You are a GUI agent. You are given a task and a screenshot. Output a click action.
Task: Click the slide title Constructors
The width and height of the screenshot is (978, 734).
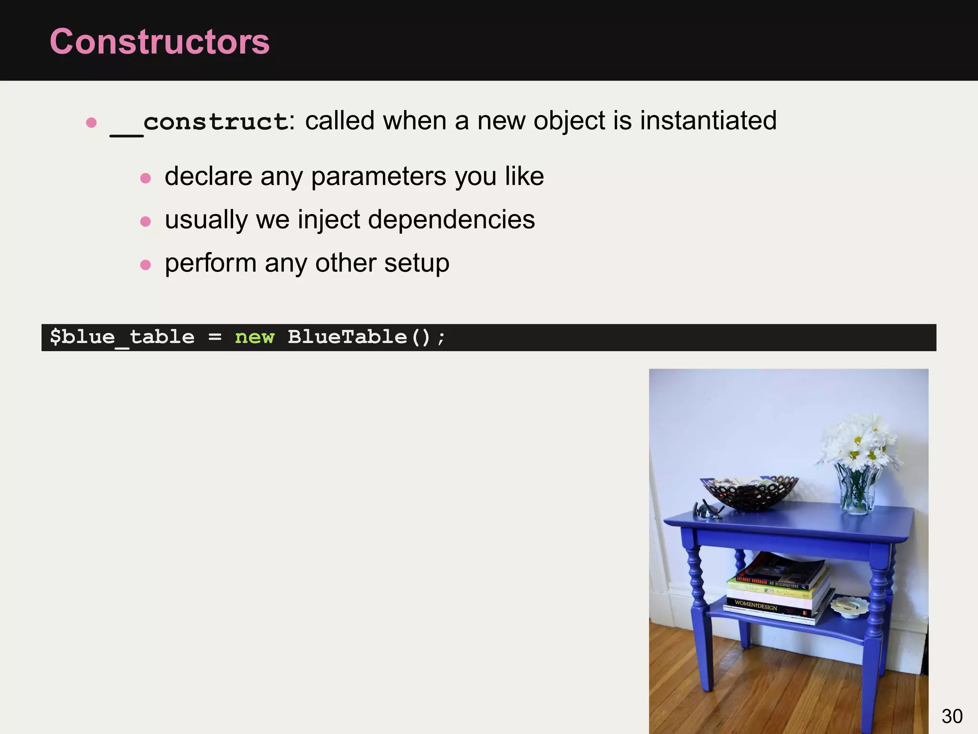click(x=159, y=42)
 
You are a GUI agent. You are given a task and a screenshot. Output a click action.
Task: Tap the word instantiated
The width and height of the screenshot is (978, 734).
click(x=708, y=120)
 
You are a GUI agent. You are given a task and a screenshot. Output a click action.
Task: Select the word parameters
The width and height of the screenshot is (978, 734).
click(x=379, y=177)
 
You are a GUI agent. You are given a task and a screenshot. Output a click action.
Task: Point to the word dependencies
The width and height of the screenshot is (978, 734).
click(x=451, y=220)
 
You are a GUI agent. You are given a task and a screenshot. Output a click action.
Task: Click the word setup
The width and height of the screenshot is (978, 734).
click(x=416, y=263)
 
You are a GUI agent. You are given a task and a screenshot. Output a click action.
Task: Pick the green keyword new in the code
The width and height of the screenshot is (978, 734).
click(x=255, y=337)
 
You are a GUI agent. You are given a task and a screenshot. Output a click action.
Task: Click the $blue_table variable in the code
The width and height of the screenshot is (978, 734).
click(x=122, y=337)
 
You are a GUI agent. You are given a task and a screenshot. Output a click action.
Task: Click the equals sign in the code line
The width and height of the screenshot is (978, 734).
click(x=215, y=337)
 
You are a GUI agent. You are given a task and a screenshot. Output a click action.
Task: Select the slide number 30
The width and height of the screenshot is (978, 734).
click(x=952, y=716)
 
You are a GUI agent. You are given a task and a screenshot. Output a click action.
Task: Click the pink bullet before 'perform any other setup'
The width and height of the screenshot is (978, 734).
click(x=146, y=265)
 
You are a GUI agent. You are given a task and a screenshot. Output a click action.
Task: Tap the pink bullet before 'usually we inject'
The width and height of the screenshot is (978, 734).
click(x=146, y=221)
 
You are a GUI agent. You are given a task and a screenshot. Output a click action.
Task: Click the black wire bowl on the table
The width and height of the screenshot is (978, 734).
click(x=749, y=492)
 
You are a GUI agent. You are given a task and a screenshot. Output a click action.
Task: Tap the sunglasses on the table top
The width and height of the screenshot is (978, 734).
click(x=707, y=510)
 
